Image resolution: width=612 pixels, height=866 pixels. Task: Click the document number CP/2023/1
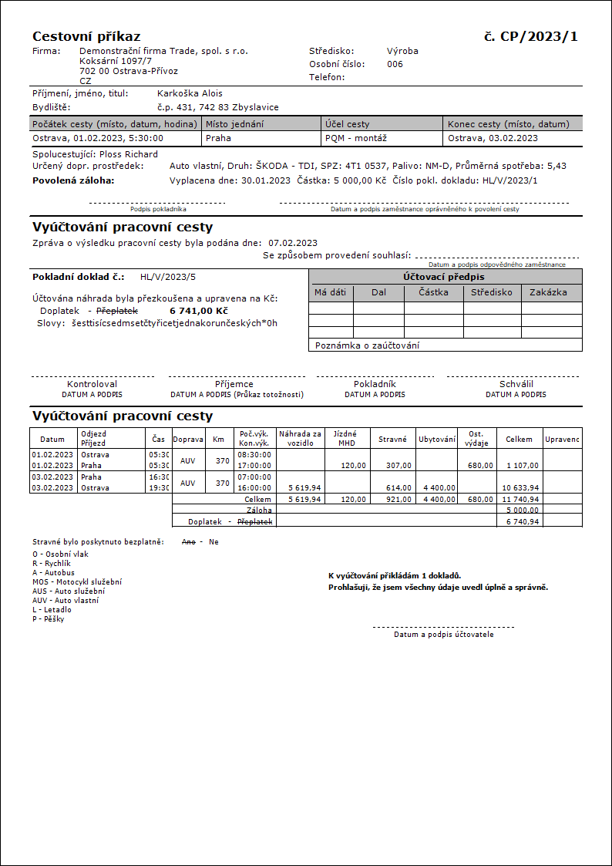[539, 36]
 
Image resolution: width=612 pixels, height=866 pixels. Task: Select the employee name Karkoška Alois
[190, 93]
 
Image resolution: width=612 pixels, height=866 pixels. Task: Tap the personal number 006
[395, 64]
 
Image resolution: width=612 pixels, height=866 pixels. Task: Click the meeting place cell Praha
[218, 139]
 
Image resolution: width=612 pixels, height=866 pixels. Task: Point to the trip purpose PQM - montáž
[356, 139]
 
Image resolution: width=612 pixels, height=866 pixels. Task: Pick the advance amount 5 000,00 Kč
[359, 180]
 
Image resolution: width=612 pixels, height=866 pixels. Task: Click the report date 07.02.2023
[293, 243]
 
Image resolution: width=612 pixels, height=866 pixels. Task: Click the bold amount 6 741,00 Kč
[198, 311]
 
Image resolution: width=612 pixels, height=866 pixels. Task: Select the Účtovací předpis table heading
[444, 277]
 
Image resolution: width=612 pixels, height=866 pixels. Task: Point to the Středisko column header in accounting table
[492, 292]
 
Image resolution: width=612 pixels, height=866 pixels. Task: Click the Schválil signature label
[516, 383]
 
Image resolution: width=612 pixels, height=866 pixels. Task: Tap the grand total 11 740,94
[521, 499]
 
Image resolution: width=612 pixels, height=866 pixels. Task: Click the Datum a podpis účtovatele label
[443, 635]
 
